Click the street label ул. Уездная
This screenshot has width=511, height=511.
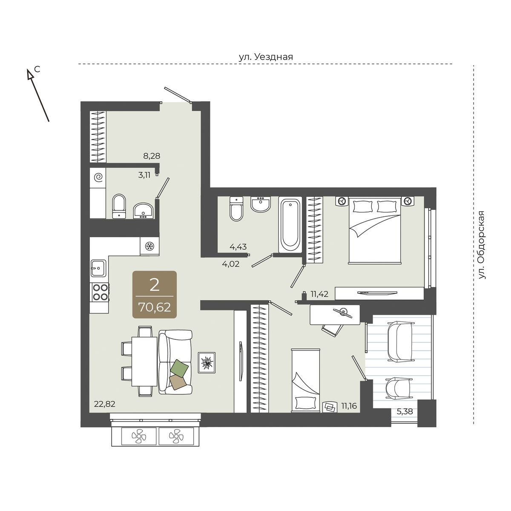[x=266, y=57]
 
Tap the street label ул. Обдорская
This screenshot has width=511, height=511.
[x=482, y=245]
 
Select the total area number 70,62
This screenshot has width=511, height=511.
[x=155, y=307]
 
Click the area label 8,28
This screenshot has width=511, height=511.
[x=152, y=156]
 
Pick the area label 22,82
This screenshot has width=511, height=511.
[x=105, y=404]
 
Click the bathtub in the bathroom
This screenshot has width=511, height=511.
[x=290, y=224]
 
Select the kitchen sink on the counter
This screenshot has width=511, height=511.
[x=99, y=268]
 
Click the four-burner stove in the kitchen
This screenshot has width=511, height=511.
[x=100, y=292]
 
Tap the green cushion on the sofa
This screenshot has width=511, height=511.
[x=179, y=367]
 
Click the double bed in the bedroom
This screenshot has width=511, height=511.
[x=375, y=230]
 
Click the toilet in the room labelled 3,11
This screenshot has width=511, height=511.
[x=119, y=206]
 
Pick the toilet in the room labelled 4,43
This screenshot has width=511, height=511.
[x=236, y=209]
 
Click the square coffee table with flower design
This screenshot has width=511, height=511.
[x=207, y=363]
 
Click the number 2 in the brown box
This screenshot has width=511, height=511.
[x=154, y=285]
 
